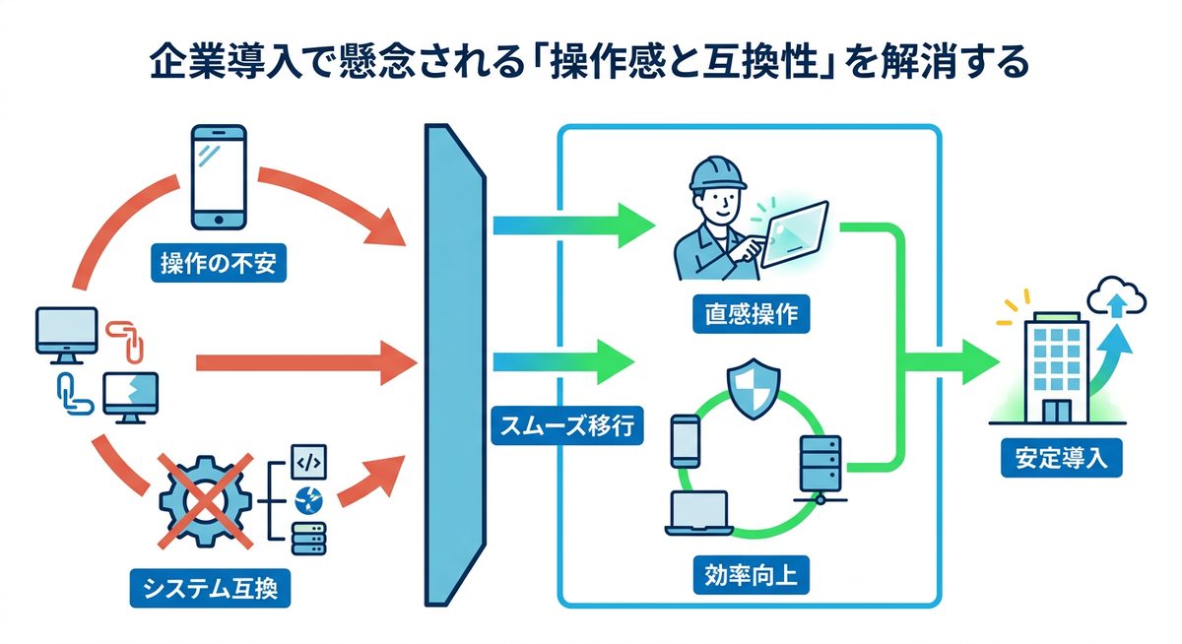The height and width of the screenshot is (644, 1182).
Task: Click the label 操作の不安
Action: pyautogui.click(x=218, y=264)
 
